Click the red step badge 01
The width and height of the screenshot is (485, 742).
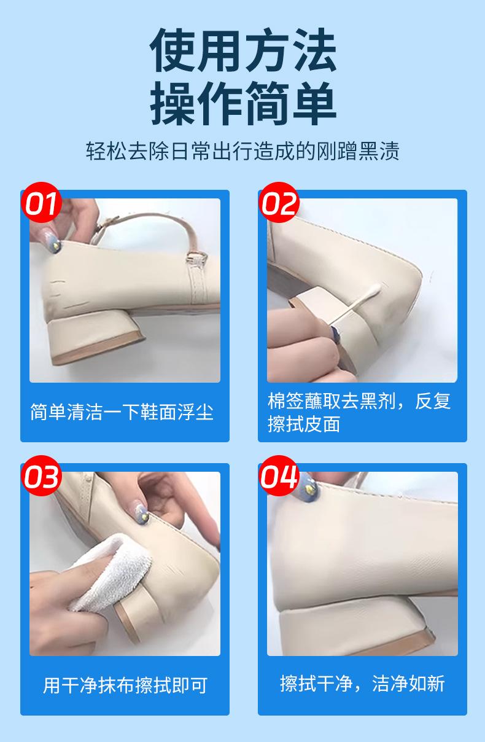(41, 203)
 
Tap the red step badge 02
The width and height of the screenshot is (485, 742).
(279, 203)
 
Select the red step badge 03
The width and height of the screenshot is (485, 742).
(41, 475)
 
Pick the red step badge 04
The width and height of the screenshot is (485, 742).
(279, 475)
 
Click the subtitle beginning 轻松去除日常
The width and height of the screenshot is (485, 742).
(243, 151)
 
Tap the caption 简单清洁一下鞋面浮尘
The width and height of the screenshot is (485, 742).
(122, 412)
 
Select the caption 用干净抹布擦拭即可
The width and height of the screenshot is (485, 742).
(125, 685)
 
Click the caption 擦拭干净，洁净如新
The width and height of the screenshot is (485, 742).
(362, 684)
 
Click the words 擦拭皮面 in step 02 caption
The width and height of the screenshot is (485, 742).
(304, 424)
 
